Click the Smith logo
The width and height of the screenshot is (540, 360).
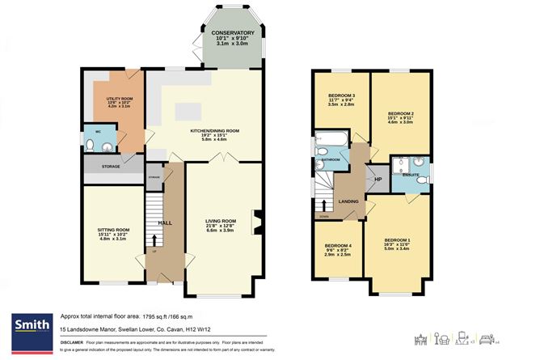[29, 326]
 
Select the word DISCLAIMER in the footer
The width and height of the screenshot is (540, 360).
[77, 341]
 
